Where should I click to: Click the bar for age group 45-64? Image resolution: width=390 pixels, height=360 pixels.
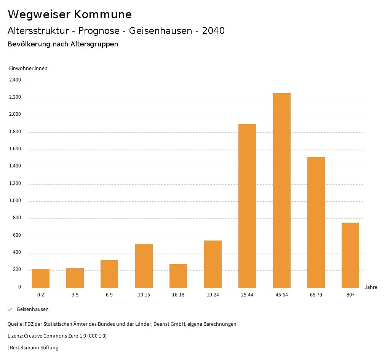click(281, 190)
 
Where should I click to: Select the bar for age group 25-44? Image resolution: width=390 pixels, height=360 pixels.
click(247, 206)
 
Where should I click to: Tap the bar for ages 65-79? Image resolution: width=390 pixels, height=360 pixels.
click(316, 222)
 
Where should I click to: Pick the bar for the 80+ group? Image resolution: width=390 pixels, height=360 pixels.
click(350, 255)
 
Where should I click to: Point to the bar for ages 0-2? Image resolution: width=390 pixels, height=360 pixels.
click(41, 278)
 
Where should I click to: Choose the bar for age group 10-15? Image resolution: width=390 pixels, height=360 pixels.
click(144, 266)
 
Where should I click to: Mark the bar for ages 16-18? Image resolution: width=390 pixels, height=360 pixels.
click(178, 276)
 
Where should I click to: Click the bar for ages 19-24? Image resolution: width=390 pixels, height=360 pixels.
click(213, 264)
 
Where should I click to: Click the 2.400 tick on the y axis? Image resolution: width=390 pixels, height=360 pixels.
click(15, 80)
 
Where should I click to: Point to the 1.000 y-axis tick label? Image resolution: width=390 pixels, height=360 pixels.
click(15, 201)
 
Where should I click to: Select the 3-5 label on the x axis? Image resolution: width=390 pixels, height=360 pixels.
click(75, 295)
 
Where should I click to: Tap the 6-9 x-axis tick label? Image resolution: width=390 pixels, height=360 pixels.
click(109, 295)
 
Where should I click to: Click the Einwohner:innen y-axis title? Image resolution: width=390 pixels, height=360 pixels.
click(28, 68)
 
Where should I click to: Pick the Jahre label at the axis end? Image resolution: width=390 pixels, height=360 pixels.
click(371, 287)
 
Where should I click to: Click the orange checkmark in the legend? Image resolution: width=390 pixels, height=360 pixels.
click(10, 309)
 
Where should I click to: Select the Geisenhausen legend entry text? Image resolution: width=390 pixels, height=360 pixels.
click(32, 309)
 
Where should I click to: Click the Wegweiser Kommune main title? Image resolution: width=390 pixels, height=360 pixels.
click(70, 14)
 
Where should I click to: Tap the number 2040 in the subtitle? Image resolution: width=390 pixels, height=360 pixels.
click(213, 31)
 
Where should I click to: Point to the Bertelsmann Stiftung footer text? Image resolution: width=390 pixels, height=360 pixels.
click(34, 348)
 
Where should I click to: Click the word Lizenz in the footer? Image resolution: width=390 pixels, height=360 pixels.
click(15, 336)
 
